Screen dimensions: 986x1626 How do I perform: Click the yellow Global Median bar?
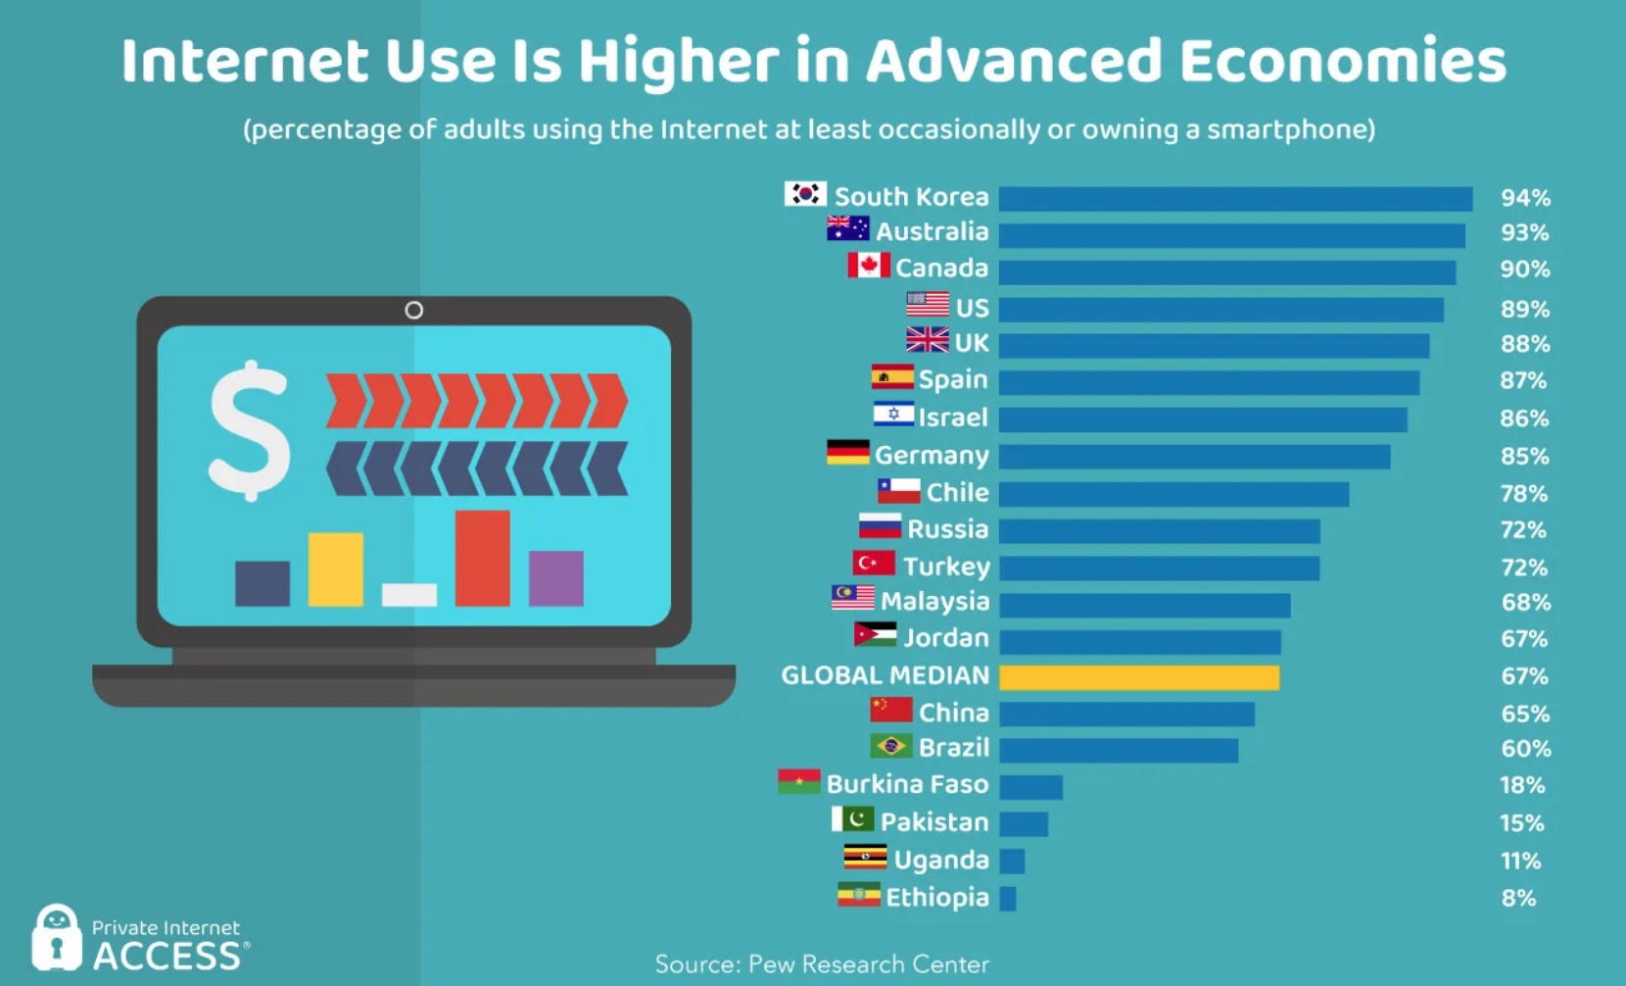tap(1139, 677)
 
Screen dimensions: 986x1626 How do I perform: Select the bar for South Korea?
tap(1235, 198)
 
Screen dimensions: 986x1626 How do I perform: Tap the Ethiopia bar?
tap(1008, 898)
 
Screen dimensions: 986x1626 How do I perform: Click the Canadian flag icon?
tap(869, 266)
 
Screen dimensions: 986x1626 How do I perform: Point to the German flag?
tap(847, 452)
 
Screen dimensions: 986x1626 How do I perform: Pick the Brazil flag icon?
tap(890, 747)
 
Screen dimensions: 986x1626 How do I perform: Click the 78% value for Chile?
tap(1523, 493)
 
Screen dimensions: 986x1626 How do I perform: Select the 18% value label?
tap(1522, 785)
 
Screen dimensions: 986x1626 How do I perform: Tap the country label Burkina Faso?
tap(907, 784)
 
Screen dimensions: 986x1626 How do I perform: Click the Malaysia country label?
tap(934, 601)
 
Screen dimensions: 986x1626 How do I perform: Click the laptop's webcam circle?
tap(414, 310)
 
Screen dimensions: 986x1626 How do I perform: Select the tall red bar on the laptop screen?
tap(482, 558)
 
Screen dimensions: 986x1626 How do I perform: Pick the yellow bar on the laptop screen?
tap(336, 568)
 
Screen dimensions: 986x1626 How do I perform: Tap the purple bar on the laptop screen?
tap(556, 577)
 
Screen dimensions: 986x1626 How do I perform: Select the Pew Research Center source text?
tap(822, 964)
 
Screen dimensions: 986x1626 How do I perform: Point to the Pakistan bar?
tap(1024, 823)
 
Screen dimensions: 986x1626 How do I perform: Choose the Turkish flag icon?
tap(874, 564)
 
